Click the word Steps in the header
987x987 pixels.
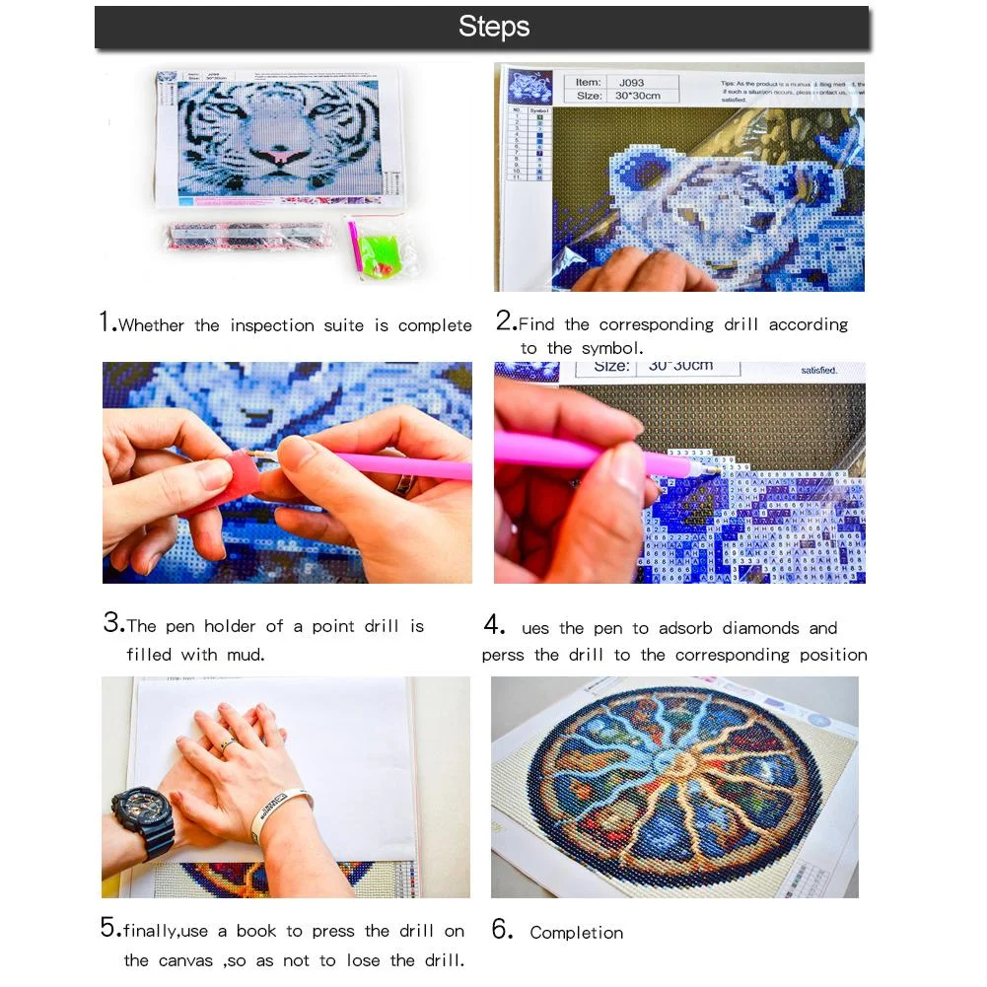493,27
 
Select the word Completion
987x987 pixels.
576,933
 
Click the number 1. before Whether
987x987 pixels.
107,323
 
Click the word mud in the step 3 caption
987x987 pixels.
247,655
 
